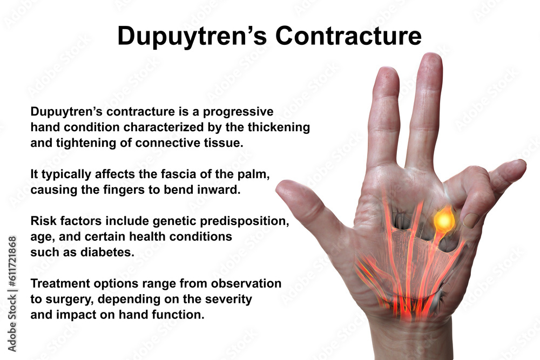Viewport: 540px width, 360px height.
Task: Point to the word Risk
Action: click(x=43, y=221)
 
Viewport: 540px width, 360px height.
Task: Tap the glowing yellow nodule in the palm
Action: click(x=443, y=220)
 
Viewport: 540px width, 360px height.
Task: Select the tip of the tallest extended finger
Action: click(x=430, y=58)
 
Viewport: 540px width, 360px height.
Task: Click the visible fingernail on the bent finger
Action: click(x=471, y=220)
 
